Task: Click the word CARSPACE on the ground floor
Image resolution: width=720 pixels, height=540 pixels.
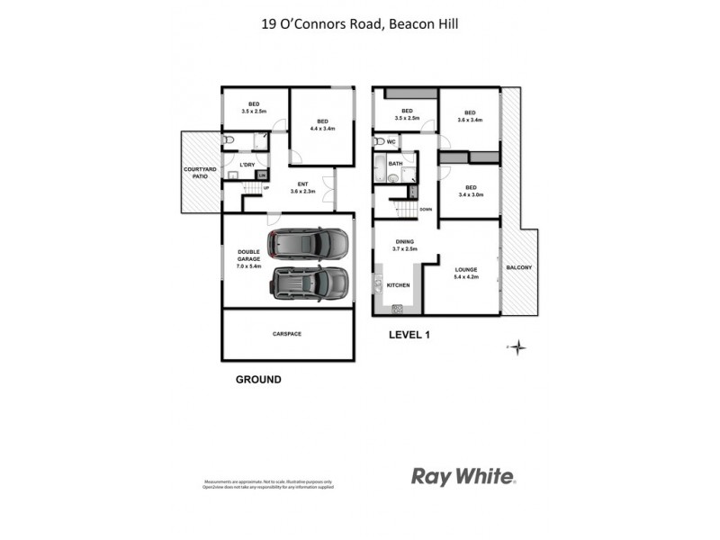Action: (x=287, y=334)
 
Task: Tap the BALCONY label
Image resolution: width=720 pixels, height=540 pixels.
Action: (x=518, y=268)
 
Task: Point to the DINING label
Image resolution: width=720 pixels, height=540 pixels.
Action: (x=405, y=242)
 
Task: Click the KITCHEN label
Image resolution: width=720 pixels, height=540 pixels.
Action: (x=398, y=285)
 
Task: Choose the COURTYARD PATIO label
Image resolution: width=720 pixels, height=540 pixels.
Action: (x=197, y=173)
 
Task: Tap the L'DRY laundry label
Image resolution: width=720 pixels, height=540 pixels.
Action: (x=247, y=165)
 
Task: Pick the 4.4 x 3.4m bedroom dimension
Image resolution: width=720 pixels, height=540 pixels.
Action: (x=322, y=129)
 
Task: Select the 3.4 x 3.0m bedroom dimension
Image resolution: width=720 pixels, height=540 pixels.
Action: (x=471, y=194)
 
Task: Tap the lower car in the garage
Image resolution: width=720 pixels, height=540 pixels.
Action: (x=308, y=283)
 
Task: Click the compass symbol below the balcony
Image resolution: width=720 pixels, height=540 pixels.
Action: (x=518, y=346)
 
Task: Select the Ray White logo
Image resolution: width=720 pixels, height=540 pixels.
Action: (x=463, y=476)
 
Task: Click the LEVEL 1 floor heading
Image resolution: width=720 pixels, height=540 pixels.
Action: (x=410, y=335)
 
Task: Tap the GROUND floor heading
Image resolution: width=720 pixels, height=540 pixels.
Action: (x=258, y=380)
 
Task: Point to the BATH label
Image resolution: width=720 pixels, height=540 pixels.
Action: (x=395, y=164)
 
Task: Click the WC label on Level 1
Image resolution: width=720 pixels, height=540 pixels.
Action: (x=392, y=141)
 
